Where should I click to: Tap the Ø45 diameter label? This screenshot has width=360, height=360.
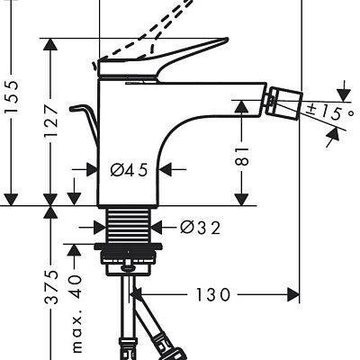click(129, 168)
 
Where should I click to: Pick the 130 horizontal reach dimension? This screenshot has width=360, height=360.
click(208, 294)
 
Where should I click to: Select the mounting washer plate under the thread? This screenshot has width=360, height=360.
click(129, 247)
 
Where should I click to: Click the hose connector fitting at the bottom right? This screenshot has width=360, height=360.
click(166, 343)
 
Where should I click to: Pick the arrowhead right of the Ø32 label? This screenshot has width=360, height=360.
click(157, 229)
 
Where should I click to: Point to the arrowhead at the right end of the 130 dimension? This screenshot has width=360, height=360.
click(293, 294)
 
